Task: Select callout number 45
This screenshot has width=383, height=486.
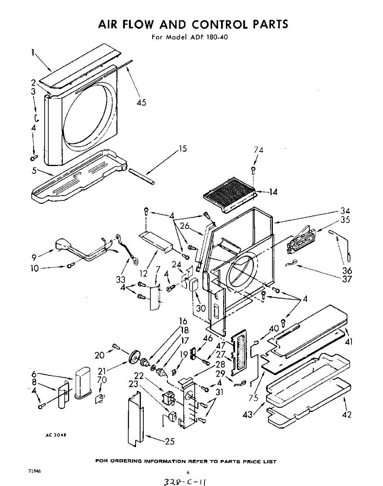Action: [x=141, y=103]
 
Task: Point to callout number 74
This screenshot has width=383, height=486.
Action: [x=258, y=150]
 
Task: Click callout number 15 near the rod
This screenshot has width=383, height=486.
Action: [x=183, y=149]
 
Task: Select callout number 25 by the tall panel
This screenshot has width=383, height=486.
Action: [x=170, y=441]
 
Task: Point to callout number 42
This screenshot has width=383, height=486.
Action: [x=347, y=414]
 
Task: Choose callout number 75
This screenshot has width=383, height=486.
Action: [x=254, y=398]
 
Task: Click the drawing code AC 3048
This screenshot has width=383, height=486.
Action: [x=55, y=435]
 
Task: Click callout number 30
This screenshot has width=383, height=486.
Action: [x=201, y=308]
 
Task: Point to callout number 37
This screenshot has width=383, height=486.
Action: [x=347, y=279]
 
